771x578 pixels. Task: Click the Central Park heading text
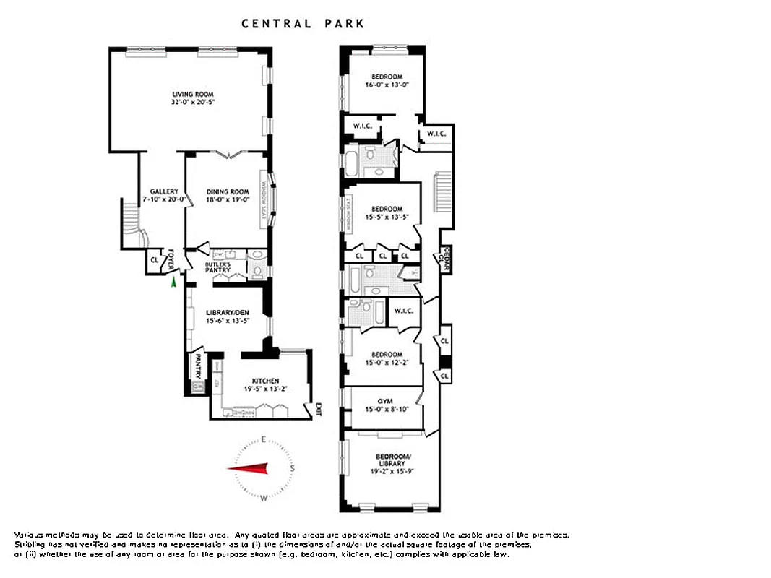303,24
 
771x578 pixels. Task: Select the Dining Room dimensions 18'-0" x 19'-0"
228,199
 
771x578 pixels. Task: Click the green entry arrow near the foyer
173,282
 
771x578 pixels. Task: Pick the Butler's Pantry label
217,267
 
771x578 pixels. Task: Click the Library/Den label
228,312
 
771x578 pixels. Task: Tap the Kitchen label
265,381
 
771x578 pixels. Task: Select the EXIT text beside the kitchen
316,410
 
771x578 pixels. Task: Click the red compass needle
249,469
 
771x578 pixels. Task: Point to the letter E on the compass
264,439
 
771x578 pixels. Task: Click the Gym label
385,400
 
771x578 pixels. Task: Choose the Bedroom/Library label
393,460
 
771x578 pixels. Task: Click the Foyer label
172,259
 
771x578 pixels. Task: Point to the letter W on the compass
264,498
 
